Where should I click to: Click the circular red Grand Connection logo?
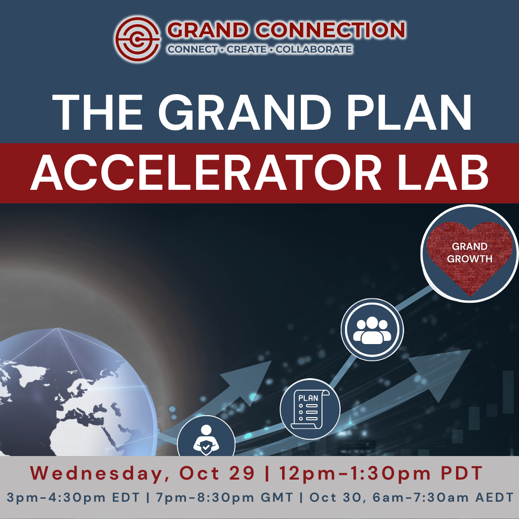[137, 39]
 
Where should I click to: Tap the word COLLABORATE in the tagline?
[314, 49]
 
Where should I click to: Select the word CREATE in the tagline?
[247, 49]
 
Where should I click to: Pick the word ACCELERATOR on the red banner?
[206, 173]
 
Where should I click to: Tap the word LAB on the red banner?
[443, 173]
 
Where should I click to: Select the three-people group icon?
[372, 330]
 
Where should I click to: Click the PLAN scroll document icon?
[310, 409]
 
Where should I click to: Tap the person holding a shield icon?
[206, 440]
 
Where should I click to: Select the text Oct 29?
[217, 473]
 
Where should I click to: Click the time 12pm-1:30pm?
[355, 473]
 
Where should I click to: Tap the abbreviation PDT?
[461, 473]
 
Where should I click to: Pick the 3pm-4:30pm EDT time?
[73, 497]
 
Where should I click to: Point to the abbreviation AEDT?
[494, 497]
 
